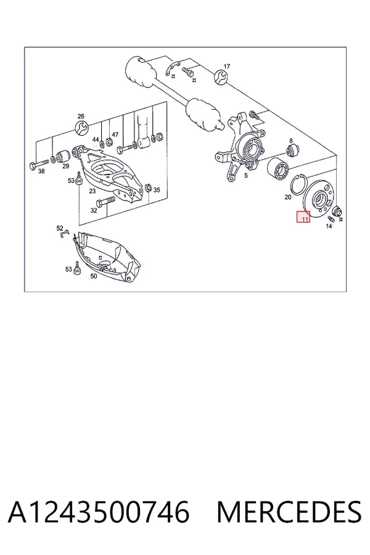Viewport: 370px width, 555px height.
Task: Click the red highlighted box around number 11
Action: pyautogui.click(x=303, y=216)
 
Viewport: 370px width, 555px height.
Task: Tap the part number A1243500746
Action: pyautogui.click(x=99, y=512)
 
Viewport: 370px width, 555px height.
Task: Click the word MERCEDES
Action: pyautogui.click(x=289, y=512)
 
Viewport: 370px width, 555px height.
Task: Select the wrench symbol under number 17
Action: pyautogui.click(x=220, y=77)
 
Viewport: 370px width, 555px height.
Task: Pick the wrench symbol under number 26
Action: pyautogui.click(x=81, y=128)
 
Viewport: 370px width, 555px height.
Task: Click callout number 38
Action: pyautogui.click(x=41, y=171)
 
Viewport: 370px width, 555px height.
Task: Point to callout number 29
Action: pyautogui.click(x=65, y=166)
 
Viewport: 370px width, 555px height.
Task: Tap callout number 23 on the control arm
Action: pyautogui.click(x=92, y=191)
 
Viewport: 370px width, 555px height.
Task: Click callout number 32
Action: pyautogui.click(x=94, y=210)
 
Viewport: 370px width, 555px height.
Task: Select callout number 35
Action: pyautogui.click(x=157, y=190)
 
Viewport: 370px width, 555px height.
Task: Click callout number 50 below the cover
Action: pyautogui.click(x=94, y=276)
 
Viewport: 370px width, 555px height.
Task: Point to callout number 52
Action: pyautogui.click(x=60, y=228)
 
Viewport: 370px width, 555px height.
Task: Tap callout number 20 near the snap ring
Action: pyautogui.click(x=288, y=197)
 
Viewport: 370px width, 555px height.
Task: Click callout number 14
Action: pyautogui.click(x=329, y=226)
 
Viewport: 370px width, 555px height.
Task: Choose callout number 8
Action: pyautogui.click(x=291, y=141)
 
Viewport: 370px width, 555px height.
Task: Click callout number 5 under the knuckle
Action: pyautogui.click(x=246, y=175)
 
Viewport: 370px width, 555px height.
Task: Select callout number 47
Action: pyautogui.click(x=115, y=134)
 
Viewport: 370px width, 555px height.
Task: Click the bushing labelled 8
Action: pyautogui.click(x=293, y=150)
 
